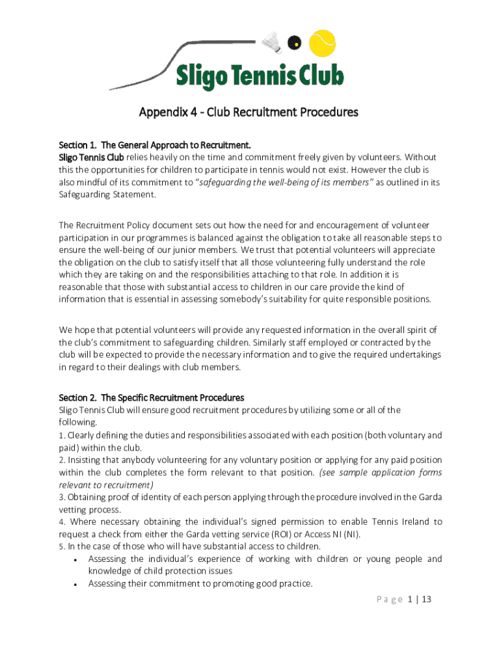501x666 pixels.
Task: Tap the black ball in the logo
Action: (x=294, y=43)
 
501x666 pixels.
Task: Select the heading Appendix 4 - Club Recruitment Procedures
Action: (x=249, y=112)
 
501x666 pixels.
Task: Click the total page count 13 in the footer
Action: (x=426, y=600)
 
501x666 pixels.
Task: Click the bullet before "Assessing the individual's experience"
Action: (x=77, y=560)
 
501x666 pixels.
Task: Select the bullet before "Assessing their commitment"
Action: (x=77, y=585)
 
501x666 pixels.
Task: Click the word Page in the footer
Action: (x=388, y=600)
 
